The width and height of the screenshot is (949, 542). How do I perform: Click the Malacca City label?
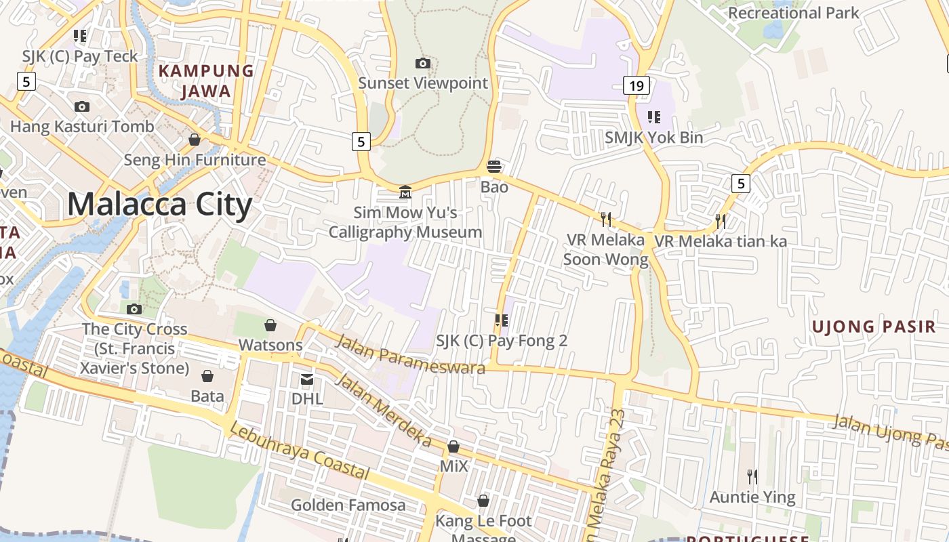point(159,204)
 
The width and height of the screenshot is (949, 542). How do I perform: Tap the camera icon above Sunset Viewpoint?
point(423,63)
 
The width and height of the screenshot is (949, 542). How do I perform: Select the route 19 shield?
point(636,85)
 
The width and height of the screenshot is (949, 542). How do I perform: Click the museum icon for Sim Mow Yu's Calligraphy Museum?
point(405,192)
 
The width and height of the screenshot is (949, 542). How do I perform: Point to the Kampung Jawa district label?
point(206,81)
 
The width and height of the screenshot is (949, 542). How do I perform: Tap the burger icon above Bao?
point(494,167)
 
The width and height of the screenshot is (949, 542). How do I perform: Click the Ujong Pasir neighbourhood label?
point(874,327)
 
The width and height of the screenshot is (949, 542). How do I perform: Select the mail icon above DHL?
point(307,379)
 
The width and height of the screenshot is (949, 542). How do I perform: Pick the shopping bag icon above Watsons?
point(270,325)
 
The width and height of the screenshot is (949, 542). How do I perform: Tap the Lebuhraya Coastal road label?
point(299,451)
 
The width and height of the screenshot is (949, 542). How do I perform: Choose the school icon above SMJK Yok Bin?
point(654,117)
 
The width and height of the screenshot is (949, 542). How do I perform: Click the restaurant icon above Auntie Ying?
point(752,477)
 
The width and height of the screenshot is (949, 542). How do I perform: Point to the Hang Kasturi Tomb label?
point(82,126)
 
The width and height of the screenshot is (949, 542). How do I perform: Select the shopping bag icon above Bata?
point(207,375)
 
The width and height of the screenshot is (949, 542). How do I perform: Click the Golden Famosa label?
point(348,505)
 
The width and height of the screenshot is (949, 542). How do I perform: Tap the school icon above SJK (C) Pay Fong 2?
point(502,320)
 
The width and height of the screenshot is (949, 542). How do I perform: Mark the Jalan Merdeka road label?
point(383,410)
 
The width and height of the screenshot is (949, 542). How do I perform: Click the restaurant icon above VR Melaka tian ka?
point(721,221)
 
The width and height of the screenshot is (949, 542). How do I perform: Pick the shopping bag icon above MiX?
point(453,446)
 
